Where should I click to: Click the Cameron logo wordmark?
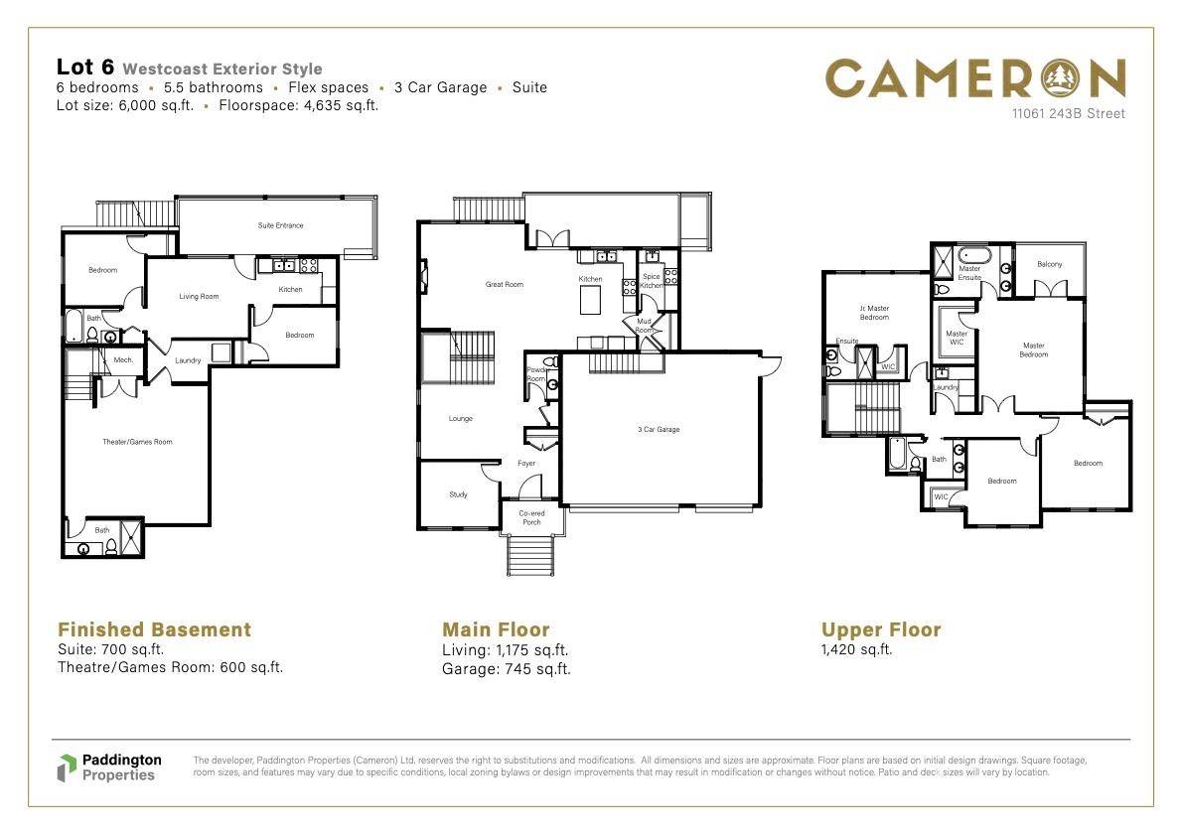(x=975, y=78)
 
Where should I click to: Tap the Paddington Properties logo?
(x=108, y=766)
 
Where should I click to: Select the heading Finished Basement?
(x=154, y=629)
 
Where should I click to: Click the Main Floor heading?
(x=496, y=629)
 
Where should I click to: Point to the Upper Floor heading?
(x=880, y=629)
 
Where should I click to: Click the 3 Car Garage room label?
(x=659, y=430)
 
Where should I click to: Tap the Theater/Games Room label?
(x=137, y=442)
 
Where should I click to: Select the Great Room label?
(x=504, y=285)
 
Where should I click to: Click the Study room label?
(x=458, y=494)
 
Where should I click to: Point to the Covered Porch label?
(x=532, y=518)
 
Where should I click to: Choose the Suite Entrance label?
(x=280, y=225)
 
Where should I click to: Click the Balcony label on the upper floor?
(x=1049, y=264)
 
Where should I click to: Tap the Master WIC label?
(x=957, y=339)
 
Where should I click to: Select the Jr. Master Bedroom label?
(x=874, y=313)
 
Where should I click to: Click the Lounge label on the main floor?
(x=460, y=419)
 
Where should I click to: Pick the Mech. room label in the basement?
(x=124, y=360)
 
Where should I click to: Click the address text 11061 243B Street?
(x=1068, y=114)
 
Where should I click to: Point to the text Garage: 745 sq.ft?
(x=506, y=669)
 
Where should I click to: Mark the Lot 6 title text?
(x=85, y=68)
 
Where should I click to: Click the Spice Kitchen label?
(x=651, y=281)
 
